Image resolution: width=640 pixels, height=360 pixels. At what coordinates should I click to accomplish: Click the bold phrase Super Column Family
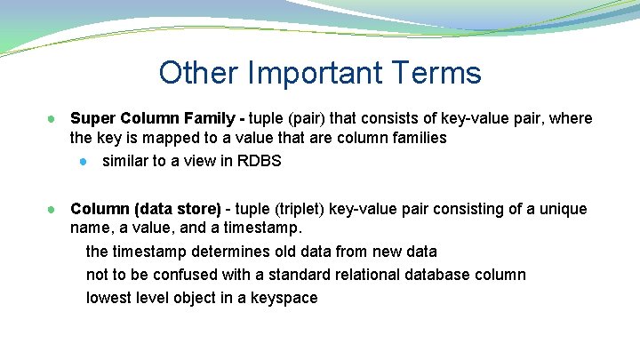coord(153,118)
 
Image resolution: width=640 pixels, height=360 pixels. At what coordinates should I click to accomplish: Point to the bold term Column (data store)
coord(145,209)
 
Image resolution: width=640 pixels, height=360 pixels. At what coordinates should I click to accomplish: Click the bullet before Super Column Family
coord(52,119)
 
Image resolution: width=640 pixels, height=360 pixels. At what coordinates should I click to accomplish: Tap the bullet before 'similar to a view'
coord(83,162)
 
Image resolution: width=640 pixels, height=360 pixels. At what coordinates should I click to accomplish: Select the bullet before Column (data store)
coord(52,210)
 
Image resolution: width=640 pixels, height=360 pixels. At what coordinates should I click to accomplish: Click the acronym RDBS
coord(261,161)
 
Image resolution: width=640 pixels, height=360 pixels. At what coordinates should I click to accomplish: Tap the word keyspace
coord(284,298)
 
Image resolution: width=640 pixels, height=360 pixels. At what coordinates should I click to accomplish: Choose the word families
coord(418,139)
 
